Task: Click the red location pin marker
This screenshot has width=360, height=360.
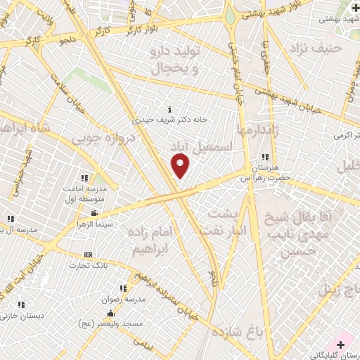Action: click(181, 166)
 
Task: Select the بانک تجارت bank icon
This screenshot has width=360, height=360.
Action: click(87, 255)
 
